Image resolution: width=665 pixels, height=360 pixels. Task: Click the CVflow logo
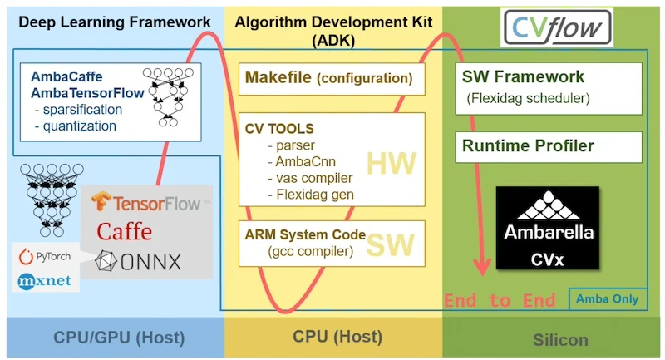[x=558, y=27]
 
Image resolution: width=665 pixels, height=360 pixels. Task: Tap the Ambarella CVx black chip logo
[x=547, y=228]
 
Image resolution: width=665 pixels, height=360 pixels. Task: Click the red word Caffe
[x=124, y=230]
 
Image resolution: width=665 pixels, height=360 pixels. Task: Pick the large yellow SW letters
[x=391, y=244]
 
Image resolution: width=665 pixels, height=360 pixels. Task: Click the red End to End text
[x=500, y=300]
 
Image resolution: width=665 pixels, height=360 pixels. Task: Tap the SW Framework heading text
[x=523, y=78]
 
